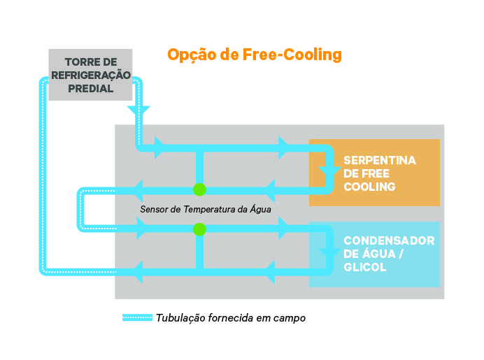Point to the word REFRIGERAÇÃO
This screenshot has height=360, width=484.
(91, 75)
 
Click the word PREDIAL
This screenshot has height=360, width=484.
(90, 89)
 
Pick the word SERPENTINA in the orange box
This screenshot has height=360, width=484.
(380, 161)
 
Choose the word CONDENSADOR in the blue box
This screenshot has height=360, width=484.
(389, 240)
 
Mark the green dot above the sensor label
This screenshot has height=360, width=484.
(199, 189)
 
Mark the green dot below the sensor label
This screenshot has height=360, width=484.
(199, 229)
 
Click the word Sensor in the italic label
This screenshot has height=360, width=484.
(155, 209)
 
